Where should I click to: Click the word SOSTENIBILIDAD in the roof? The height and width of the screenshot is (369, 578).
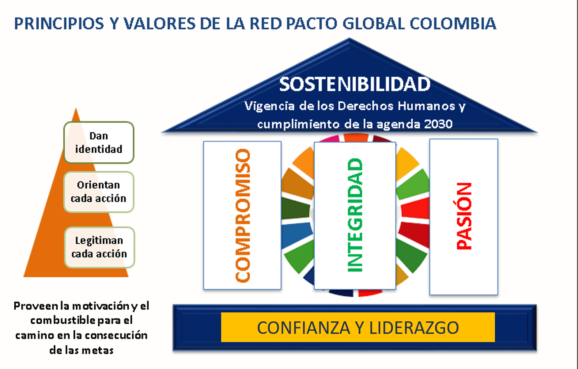(x=355, y=84)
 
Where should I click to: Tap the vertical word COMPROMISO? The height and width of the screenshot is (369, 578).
(x=243, y=215)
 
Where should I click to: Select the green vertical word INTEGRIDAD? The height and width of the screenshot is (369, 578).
(x=355, y=215)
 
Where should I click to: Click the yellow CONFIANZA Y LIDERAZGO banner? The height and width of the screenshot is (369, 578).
(x=358, y=327)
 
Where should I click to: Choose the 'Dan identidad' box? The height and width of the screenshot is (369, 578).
(x=99, y=143)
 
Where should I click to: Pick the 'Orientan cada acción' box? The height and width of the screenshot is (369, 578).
(x=99, y=192)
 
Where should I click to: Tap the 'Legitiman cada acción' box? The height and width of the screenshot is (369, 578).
(x=99, y=247)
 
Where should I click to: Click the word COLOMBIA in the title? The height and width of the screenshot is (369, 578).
(x=453, y=23)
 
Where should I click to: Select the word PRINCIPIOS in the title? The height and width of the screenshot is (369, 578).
(x=59, y=23)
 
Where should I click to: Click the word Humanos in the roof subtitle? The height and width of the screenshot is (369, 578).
(x=426, y=106)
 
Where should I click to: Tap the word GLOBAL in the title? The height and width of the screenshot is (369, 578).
(x=374, y=23)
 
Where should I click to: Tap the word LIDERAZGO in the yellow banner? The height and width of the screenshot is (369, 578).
(x=414, y=328)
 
